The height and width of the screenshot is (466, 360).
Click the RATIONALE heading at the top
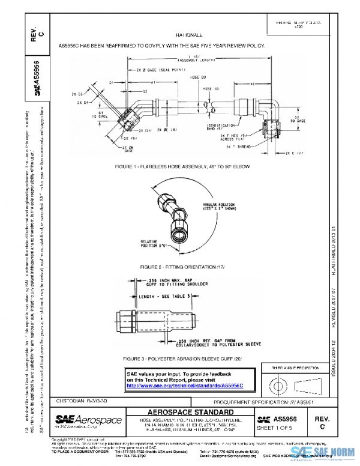pos(189,35)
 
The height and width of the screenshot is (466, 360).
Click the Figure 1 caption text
pos(184,166)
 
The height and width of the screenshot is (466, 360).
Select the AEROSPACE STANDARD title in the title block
pos(190,412)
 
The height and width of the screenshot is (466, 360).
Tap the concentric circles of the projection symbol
pos(280,383)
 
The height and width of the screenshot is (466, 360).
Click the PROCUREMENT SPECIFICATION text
pos(263,401)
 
